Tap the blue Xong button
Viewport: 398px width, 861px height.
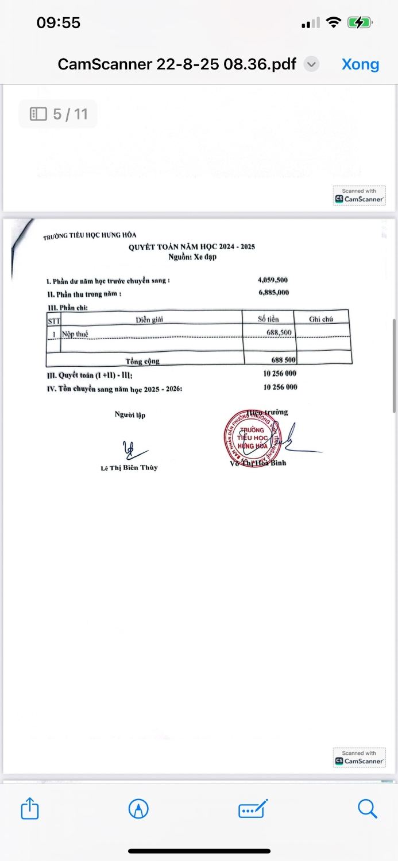coord(360,64)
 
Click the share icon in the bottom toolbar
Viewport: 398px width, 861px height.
coord(30,809)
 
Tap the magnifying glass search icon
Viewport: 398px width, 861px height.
coord(367,809)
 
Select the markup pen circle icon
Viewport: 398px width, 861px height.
coord(138,809)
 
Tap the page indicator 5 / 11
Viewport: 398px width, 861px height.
coord(59,114)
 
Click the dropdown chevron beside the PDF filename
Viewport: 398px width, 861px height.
coord(311,64)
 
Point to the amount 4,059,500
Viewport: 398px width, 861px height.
coord(273,280)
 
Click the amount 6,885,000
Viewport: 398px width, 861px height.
coord(273,293)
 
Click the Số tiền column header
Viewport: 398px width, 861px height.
coord(268,319)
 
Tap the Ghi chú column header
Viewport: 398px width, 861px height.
coord(321,319)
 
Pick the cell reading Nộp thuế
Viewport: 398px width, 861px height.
coord(75,333)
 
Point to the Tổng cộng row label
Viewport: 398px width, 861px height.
coord(142,361)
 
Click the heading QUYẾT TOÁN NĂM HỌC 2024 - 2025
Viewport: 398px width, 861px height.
coord(192,247)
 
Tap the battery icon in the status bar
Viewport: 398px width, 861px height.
coord(360,23)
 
